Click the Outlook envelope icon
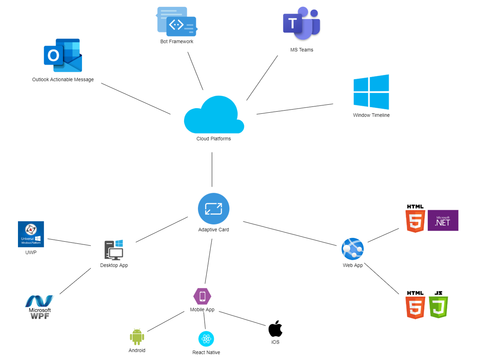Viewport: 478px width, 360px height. tap(63, 55)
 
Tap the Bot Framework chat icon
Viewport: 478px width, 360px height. tap(177, 22)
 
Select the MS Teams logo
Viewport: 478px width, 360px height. tap(302, 24)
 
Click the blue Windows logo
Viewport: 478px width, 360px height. tap(371, 92)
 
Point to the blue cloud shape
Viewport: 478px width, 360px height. tap(214, 116)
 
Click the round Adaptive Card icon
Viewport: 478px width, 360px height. tap(213, 209)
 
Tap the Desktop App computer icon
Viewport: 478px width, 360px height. tap(114, 250)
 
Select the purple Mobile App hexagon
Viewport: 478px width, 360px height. tap(202, 296)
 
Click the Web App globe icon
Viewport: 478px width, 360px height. tap(353, 249)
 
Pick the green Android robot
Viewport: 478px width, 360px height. tap(137, 337)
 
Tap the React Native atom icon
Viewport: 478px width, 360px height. tap(206, 339)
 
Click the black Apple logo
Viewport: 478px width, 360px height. tap(275, 329)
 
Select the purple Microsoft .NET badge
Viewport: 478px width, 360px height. tap(443, 220)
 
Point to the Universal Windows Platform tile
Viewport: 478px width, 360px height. tap(31, 234)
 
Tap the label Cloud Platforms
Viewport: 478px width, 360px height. tap(214, 139)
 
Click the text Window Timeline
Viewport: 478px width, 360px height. tap(371, 115)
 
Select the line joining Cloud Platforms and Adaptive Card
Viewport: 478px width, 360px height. tap(212, 170)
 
